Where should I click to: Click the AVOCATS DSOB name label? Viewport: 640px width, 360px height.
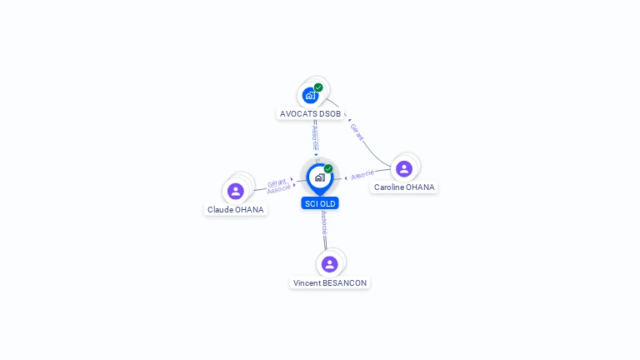[x=310, y=114]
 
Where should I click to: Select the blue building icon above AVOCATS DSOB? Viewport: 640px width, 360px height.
[x=310, y=96]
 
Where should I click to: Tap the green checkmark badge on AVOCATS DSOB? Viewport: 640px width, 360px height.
[x=318, y=87]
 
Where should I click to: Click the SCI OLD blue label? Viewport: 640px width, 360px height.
[x=320, y=203]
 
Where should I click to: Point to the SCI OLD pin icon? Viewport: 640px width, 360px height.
[x=320, y=179]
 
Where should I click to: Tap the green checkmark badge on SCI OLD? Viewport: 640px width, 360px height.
[x=328, y=168]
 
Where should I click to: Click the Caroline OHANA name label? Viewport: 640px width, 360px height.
[x=404, y=187]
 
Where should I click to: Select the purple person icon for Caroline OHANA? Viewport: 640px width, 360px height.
[x=404, y=168]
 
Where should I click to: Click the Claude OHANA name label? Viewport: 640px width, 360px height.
[x=236, y=210]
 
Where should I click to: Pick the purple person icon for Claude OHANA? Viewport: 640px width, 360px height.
[x=236, y=191]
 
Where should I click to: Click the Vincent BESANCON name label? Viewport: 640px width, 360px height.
[x=330, y=283]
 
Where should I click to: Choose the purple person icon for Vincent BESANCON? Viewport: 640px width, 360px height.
[x=330, y=264]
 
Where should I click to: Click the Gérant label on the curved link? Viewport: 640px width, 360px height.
[x=357, y=132]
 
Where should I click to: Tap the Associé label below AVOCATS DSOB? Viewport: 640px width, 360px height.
[x=315, y=138]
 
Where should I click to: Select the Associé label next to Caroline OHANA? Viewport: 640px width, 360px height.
[x=362, y=175]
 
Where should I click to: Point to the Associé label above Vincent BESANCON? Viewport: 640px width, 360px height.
[x=324, y=222]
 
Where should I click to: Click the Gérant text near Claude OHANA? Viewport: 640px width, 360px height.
[x=277, y=182]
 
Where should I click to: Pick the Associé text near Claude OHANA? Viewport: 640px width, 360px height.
[x=279, y=189]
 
